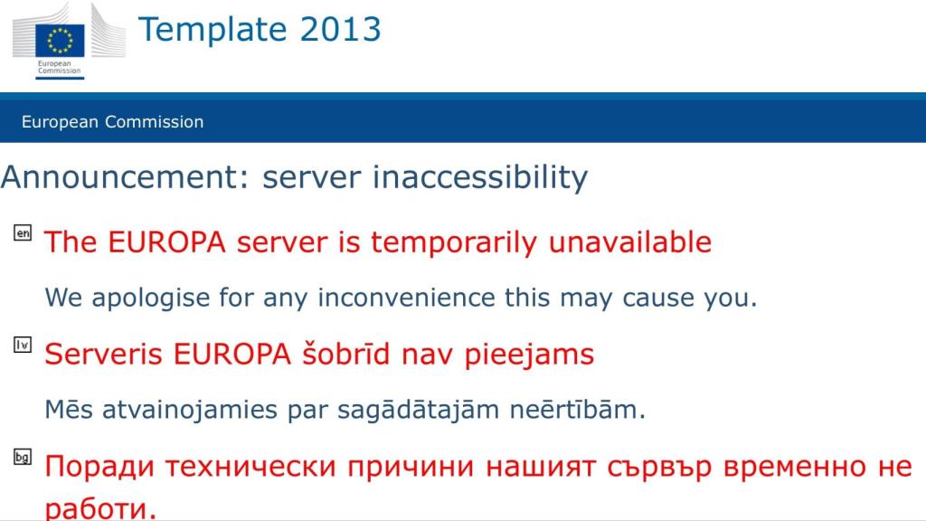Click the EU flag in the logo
pyautogui.click(x=60, y=40)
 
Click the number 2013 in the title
pyautogui.click(x=341, y=30)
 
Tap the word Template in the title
pyautogui.click(x=213, y=31)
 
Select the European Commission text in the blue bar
pyautogui.click(x=113, y=122)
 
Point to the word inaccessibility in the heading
pyautogui.click(x=480, y=178)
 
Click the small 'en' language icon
pyautogui.click(x=23, y=232)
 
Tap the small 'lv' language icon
pyautogui.click(x=23, y=345)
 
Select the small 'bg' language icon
pyautogui.click(x=23, y=457)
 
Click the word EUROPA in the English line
pyautogui.click(x=167, y=242)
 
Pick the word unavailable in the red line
pyautogui.click(x=630, y=242)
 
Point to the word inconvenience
pyautogui.click(x=406, y=297)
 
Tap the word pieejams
pyautogui.click(x=529, y=355)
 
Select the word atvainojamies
pyautogui.click(x=190, y=410)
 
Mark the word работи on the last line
pyautogui.click(x=100, y=509)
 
